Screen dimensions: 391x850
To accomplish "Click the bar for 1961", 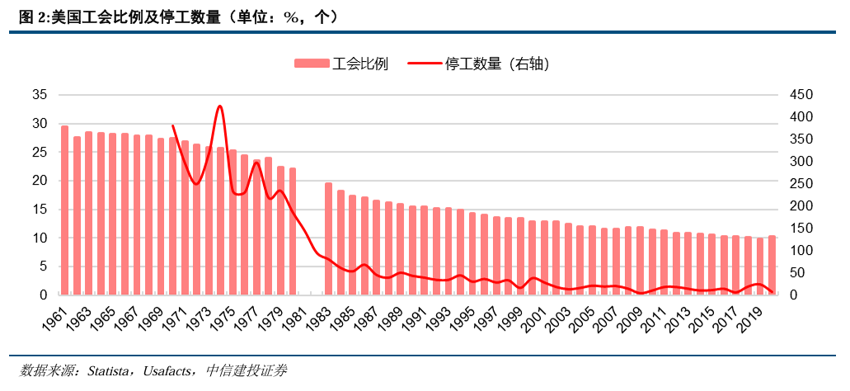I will [x=64, y=210].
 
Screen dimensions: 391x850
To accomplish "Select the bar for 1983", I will [x=328, y=238].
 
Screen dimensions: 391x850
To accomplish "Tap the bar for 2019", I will [x=760, y=266].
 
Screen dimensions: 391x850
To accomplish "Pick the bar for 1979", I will [x=280, y=230].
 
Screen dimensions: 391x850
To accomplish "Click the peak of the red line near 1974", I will [x=219, y=106].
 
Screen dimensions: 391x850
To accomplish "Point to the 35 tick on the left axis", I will [x=39, y=95].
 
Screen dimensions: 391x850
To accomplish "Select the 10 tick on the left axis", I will [x=39, y=238].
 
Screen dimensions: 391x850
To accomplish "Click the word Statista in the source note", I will [x=106, y=370].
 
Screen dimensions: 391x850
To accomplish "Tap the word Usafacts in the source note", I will [x=171, y=370].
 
